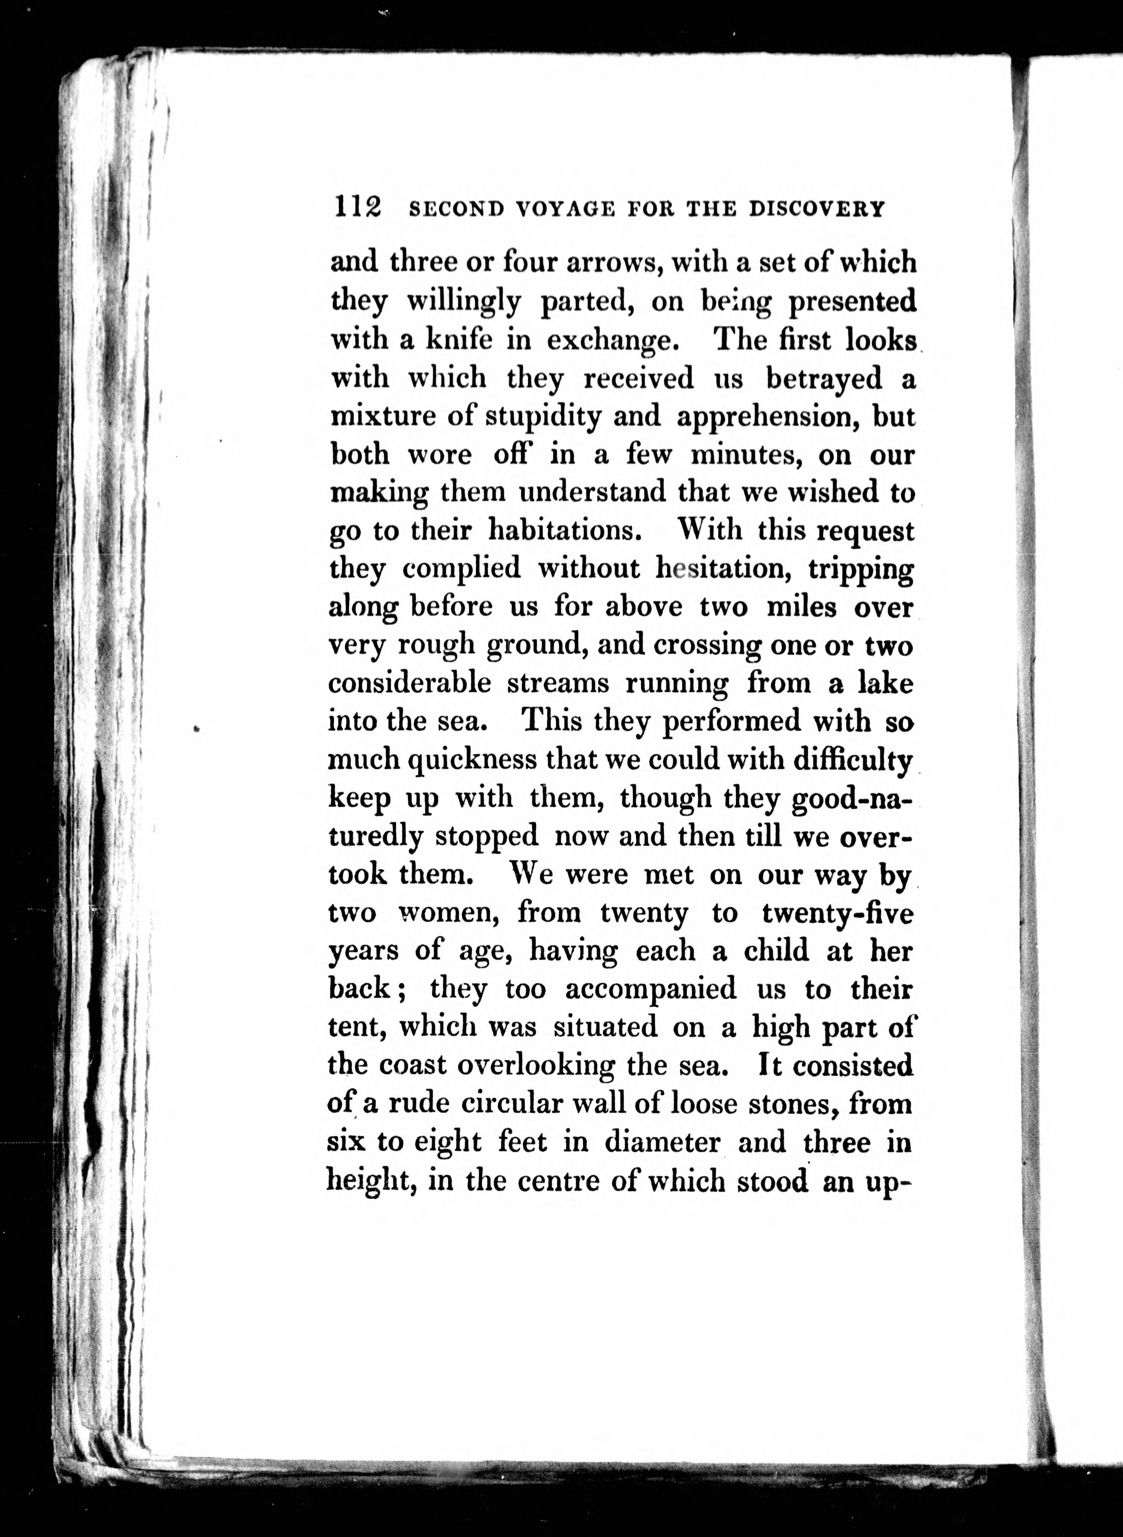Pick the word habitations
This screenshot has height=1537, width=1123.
click(x=565, y=530)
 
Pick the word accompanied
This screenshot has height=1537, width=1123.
click(x=650, y=989)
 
